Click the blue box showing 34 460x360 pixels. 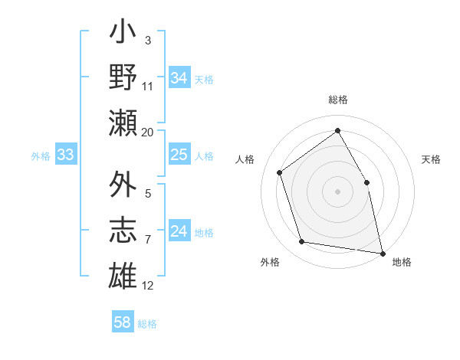click(x=179, y=78)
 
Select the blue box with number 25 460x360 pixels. click(x=179, y=155)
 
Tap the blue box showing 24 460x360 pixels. click(x=179, y=231)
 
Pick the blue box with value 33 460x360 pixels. click(x=65, y=155)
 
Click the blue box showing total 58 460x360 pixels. click(x=122, y=322)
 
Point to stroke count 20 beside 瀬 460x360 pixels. click(x=148, y=133)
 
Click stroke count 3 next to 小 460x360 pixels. click(x=147, y=39)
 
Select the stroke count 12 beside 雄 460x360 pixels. click(x=148, y=286)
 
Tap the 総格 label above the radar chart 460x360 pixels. click(x=337, y=100)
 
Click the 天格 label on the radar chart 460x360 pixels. click(x=431, y=160)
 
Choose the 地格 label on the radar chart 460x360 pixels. click(x=402, y=263)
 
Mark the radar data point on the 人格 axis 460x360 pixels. click(x=280, y=172)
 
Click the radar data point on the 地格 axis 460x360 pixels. click(x=381, y=252)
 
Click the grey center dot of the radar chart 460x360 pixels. click(x=337, y=191)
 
